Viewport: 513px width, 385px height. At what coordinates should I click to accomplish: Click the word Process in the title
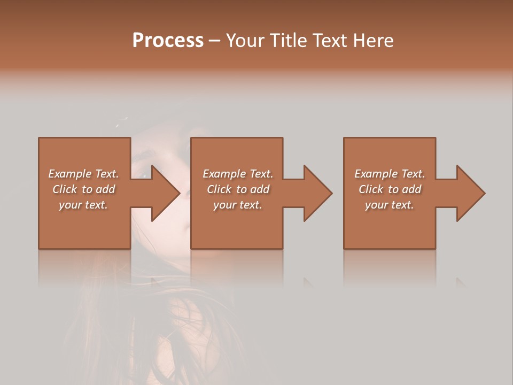[168, 41]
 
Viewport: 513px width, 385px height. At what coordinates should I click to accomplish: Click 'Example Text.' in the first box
[83, 174]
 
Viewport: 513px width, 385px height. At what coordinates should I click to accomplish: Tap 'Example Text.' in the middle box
[238, 174]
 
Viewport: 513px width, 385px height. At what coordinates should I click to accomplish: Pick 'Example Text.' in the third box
[390, 174]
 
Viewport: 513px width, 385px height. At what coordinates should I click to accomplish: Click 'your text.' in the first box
[83, 205]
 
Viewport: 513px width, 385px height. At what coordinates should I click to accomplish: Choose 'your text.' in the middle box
[238, 205]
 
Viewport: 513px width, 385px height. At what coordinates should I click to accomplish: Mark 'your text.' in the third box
[390, 205]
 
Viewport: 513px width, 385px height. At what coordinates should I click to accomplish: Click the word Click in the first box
[65, 189]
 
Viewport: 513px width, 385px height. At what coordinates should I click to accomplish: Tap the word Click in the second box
[219, 189]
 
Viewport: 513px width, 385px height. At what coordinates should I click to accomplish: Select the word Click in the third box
[371, 189]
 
